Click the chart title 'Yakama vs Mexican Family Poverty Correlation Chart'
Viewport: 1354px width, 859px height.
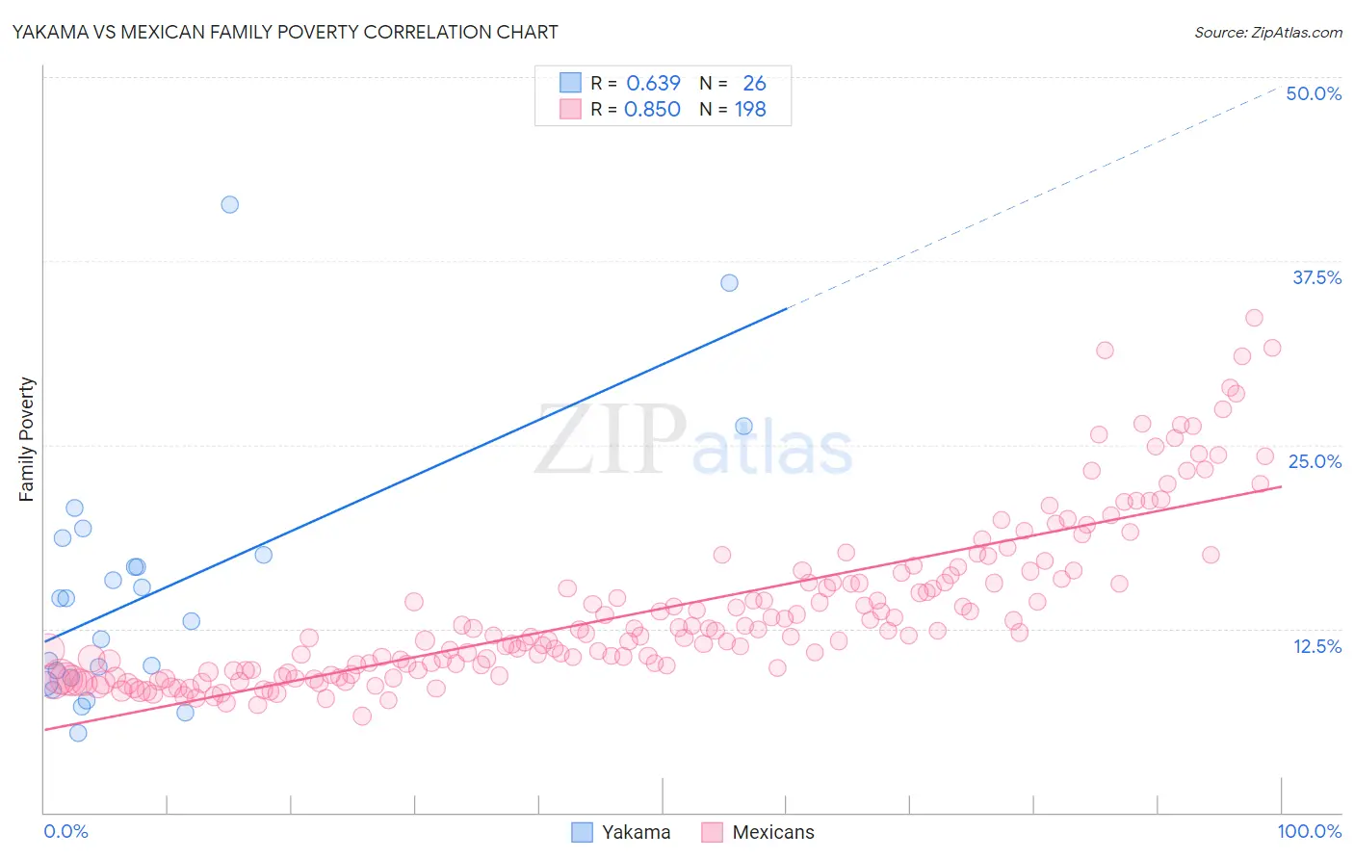coord(285,32)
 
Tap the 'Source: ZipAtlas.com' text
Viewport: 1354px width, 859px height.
coord(1267,32)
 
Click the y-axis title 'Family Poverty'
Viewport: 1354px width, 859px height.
coord(27,439)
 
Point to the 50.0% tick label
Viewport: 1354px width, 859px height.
coord(1314,93)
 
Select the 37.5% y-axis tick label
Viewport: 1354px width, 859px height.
coord(1316,277)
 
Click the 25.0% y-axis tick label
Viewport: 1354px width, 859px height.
coord(1315,461)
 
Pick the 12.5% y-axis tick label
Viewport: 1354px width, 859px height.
coord(1316,646)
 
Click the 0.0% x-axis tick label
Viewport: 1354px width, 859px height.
coord(65,831)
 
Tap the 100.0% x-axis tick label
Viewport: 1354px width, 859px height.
coord(1309,831)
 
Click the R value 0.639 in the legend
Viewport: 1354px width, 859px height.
coord(653,83)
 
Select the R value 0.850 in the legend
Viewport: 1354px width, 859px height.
coord(652,109)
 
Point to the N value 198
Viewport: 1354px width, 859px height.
coord(750,109)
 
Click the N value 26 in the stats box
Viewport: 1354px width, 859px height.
coord(754,83)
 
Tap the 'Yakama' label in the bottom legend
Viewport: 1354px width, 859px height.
coord(636,832)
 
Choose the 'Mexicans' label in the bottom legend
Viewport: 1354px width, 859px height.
coord(772,832)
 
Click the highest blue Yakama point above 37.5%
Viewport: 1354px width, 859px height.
coord(229,204)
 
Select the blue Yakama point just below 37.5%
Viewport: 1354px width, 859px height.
coord(729,282)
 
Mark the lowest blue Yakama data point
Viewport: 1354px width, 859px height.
coord(78,733)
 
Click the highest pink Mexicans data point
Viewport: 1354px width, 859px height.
coord(1254,318)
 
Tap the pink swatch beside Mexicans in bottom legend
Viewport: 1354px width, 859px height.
coord(712,832)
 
